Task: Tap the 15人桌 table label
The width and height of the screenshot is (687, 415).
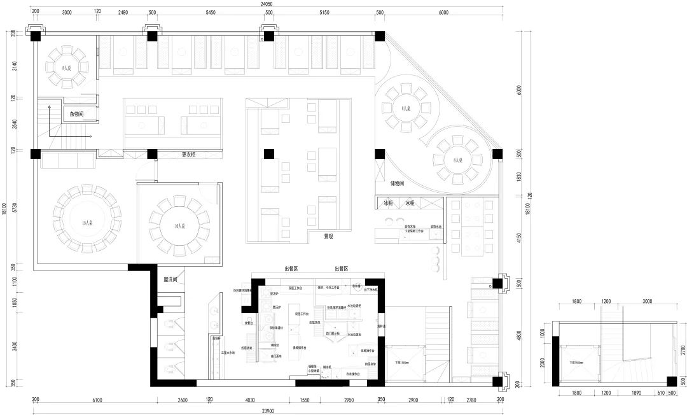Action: pyautogui.click(x=87, y=223)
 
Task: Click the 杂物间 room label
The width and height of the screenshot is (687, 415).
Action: pyautogui.click(x=76, y=115)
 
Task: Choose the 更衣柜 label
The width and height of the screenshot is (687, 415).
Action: pyautogui.click(x=188, y=154)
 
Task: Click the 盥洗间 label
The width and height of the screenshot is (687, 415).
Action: pyautogui.click(x=170, y=279)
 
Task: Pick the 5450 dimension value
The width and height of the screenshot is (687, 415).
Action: pyautogui.click(x=210, y=13)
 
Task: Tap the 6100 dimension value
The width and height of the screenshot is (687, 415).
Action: pyautogui.click(x=97, y=400)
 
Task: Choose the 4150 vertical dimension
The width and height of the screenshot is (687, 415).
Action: pyautogui.click(x=520, y=239)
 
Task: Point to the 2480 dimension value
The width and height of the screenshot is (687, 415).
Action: pyautogui.click(x=123, y=13)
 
